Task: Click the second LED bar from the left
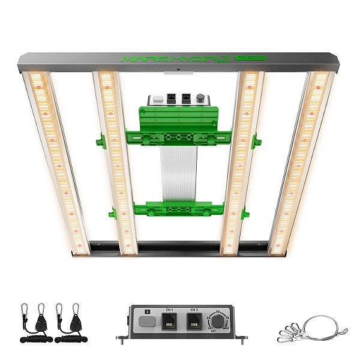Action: point(116,162)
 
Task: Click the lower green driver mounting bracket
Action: point(171,209)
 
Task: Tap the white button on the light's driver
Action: point(158,98)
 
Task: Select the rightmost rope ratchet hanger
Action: point(76,324)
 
